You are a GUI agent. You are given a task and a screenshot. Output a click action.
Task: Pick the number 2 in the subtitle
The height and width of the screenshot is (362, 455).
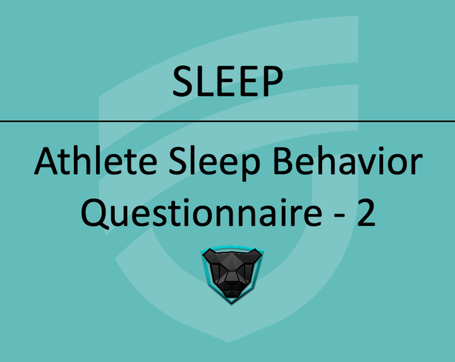point(365,213)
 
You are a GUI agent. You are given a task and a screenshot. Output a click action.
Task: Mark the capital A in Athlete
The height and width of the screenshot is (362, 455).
point(47,163)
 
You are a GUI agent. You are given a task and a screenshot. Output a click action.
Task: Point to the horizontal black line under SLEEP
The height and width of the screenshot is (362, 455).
point(227,121)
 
